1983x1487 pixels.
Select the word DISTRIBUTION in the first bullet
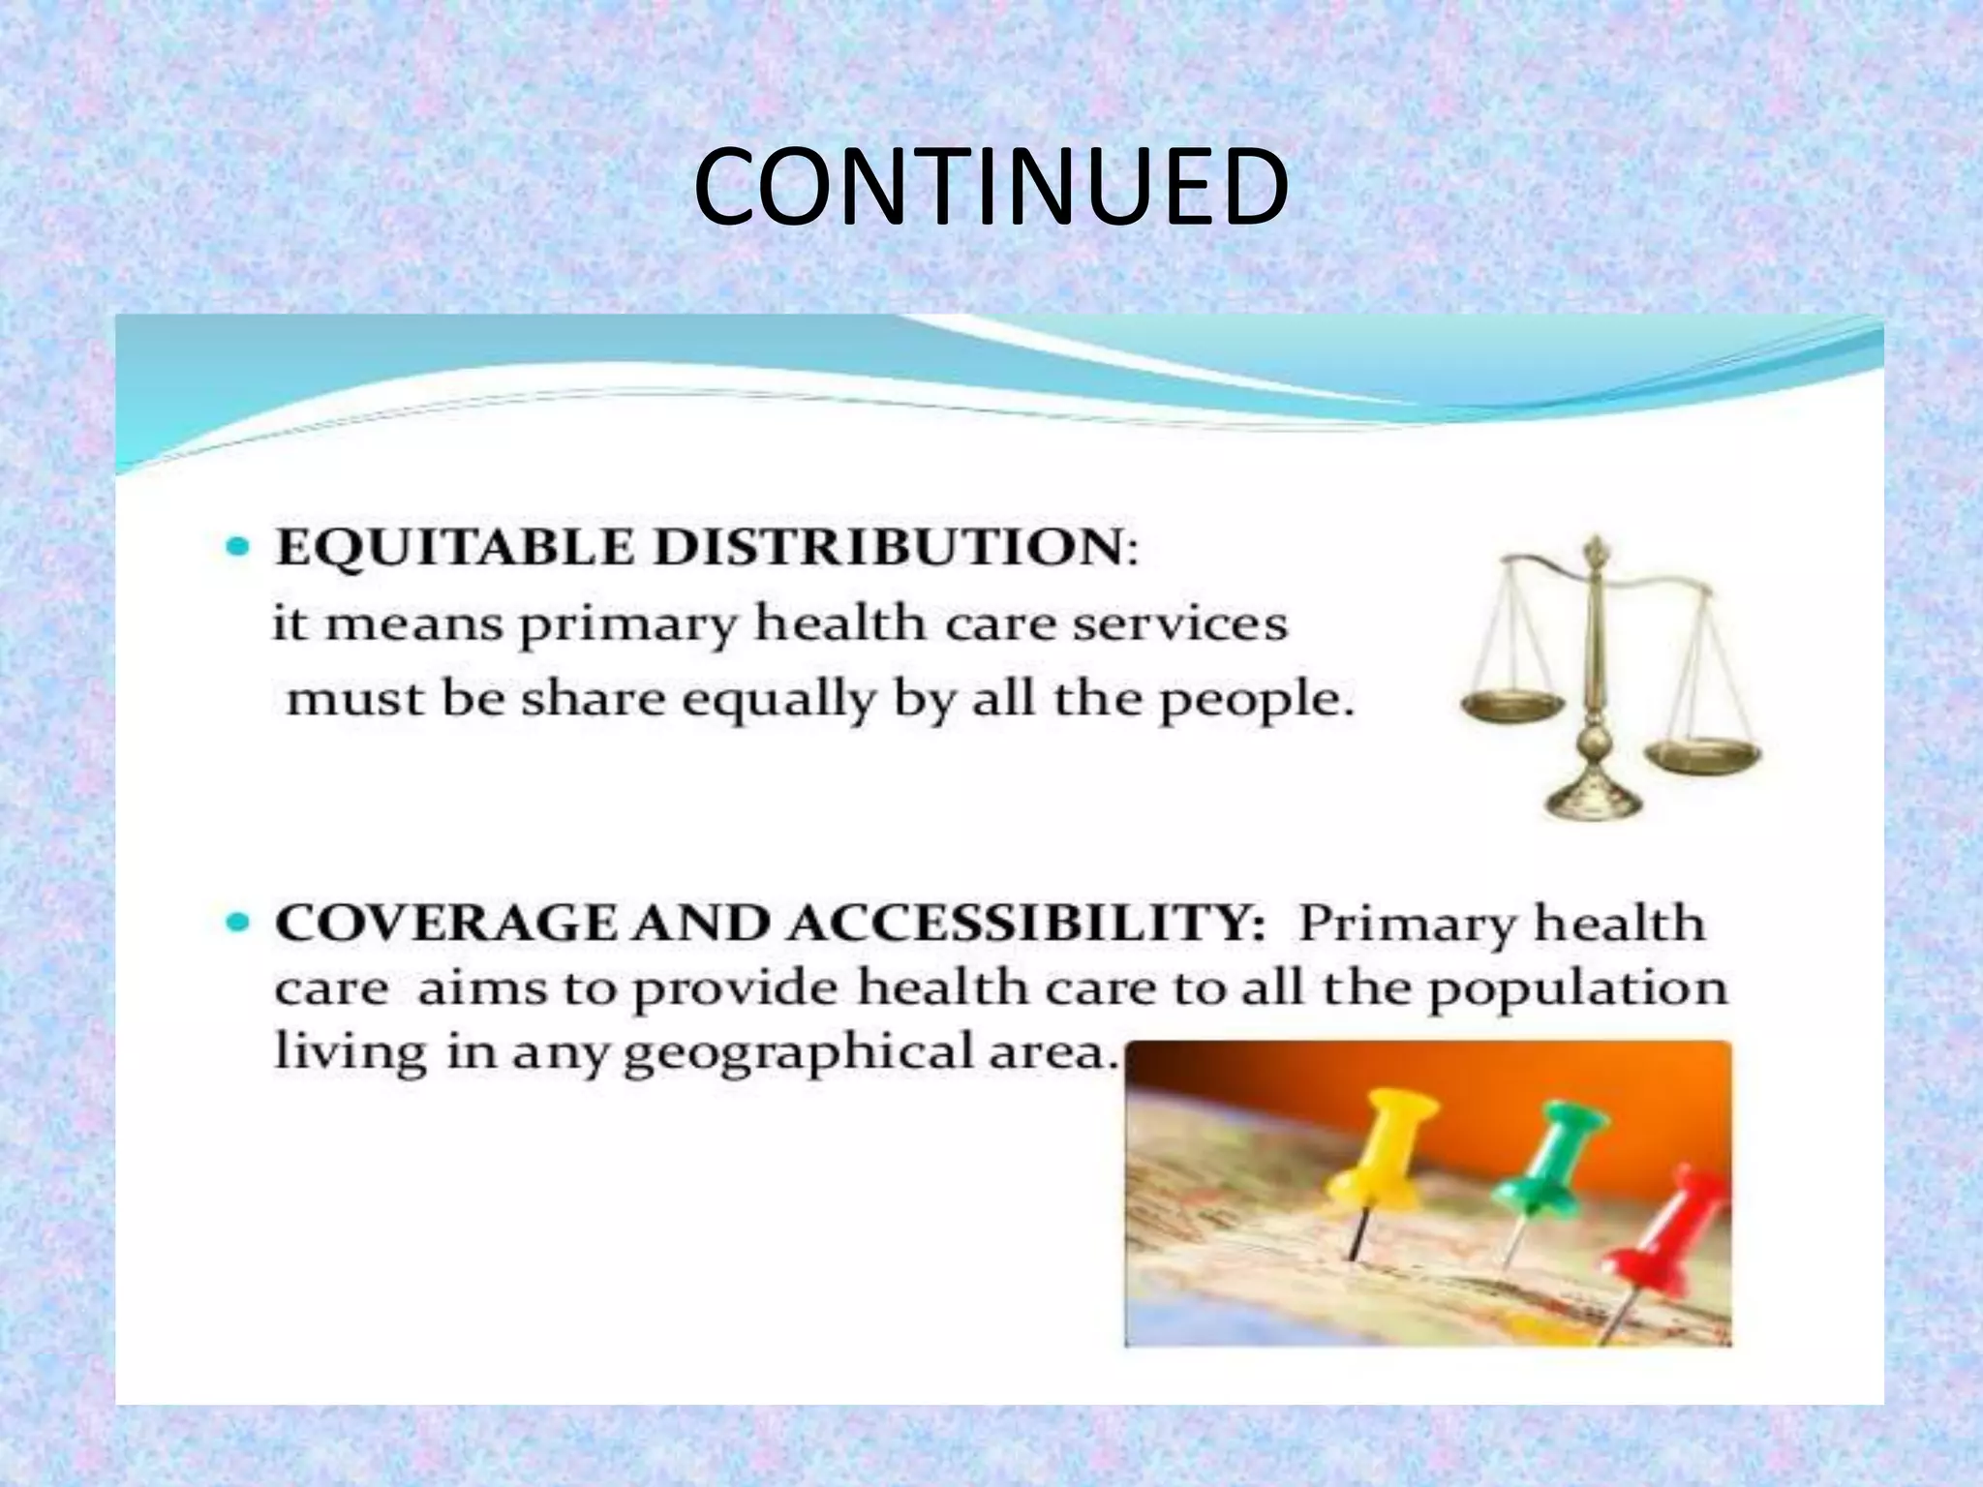point(889,548)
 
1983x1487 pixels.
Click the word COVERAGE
point(446,924)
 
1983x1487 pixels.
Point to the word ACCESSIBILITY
point(1025,924)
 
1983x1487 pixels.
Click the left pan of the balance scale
point(1510,706)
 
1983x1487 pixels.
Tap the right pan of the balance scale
point(1702,754)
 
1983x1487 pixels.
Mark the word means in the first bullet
point(414,623)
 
